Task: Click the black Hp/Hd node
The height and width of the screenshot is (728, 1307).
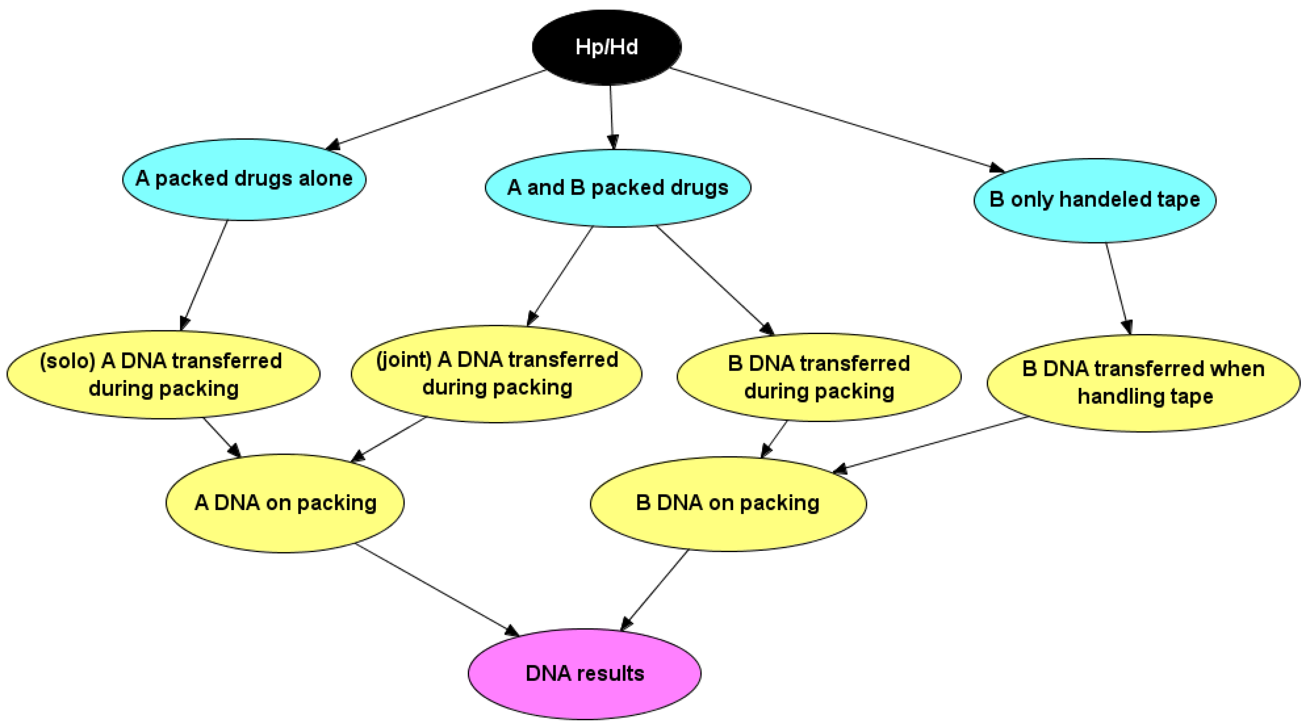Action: [x=606, y=47]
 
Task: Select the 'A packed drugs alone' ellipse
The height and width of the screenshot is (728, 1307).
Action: [x=244, y=179]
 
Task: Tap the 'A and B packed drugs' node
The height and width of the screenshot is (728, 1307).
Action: [x=617, y=188]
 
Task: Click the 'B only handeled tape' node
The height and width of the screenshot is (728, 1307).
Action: [x=1094, y=200]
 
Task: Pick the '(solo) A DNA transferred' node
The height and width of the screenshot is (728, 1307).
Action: [x=163, y=375]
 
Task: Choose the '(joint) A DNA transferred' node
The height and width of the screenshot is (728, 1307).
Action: [x=496, y=374]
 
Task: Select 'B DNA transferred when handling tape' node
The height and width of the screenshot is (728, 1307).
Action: [x=1144, y=383]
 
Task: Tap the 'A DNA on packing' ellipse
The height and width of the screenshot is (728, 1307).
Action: [x=285, y=503]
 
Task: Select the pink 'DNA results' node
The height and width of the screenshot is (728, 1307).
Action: [x=584, y=674]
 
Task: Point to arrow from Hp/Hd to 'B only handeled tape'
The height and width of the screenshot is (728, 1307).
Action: [x=837, y=120]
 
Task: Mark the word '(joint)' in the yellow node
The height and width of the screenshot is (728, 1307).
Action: [x=404, y=360]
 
